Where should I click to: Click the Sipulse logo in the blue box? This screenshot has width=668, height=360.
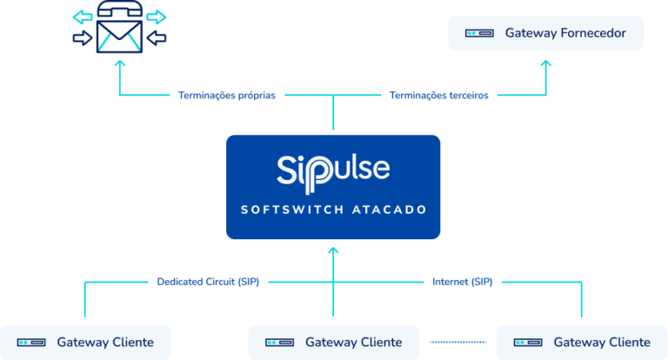coord(333,169)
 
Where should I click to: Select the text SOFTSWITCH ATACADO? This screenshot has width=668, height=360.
coord(333,210)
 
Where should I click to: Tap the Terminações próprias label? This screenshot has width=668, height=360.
coord(227,96)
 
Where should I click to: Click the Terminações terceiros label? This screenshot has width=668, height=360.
coord(439,96)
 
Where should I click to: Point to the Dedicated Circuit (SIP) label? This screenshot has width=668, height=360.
coord(208,282)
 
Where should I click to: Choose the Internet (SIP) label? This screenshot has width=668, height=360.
coord(462,282)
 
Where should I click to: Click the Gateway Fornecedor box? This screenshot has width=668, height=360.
coord(545,33)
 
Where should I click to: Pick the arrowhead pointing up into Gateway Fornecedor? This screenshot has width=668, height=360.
coord(545,63)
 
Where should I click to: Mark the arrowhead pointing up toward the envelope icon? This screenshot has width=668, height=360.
coord(119,63)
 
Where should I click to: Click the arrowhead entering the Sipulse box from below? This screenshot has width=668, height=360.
coord(333,250)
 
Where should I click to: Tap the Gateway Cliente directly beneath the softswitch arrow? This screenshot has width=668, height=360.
coord(333,342)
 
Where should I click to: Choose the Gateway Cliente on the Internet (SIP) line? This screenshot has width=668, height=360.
coord(581,342)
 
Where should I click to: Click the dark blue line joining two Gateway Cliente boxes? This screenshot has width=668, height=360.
coord(458,342)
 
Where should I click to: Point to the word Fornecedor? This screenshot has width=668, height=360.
coord(590,33)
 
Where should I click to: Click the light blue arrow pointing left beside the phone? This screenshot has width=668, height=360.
coord(82,17)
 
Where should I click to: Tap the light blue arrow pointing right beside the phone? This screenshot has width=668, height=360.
coord(157,17)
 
